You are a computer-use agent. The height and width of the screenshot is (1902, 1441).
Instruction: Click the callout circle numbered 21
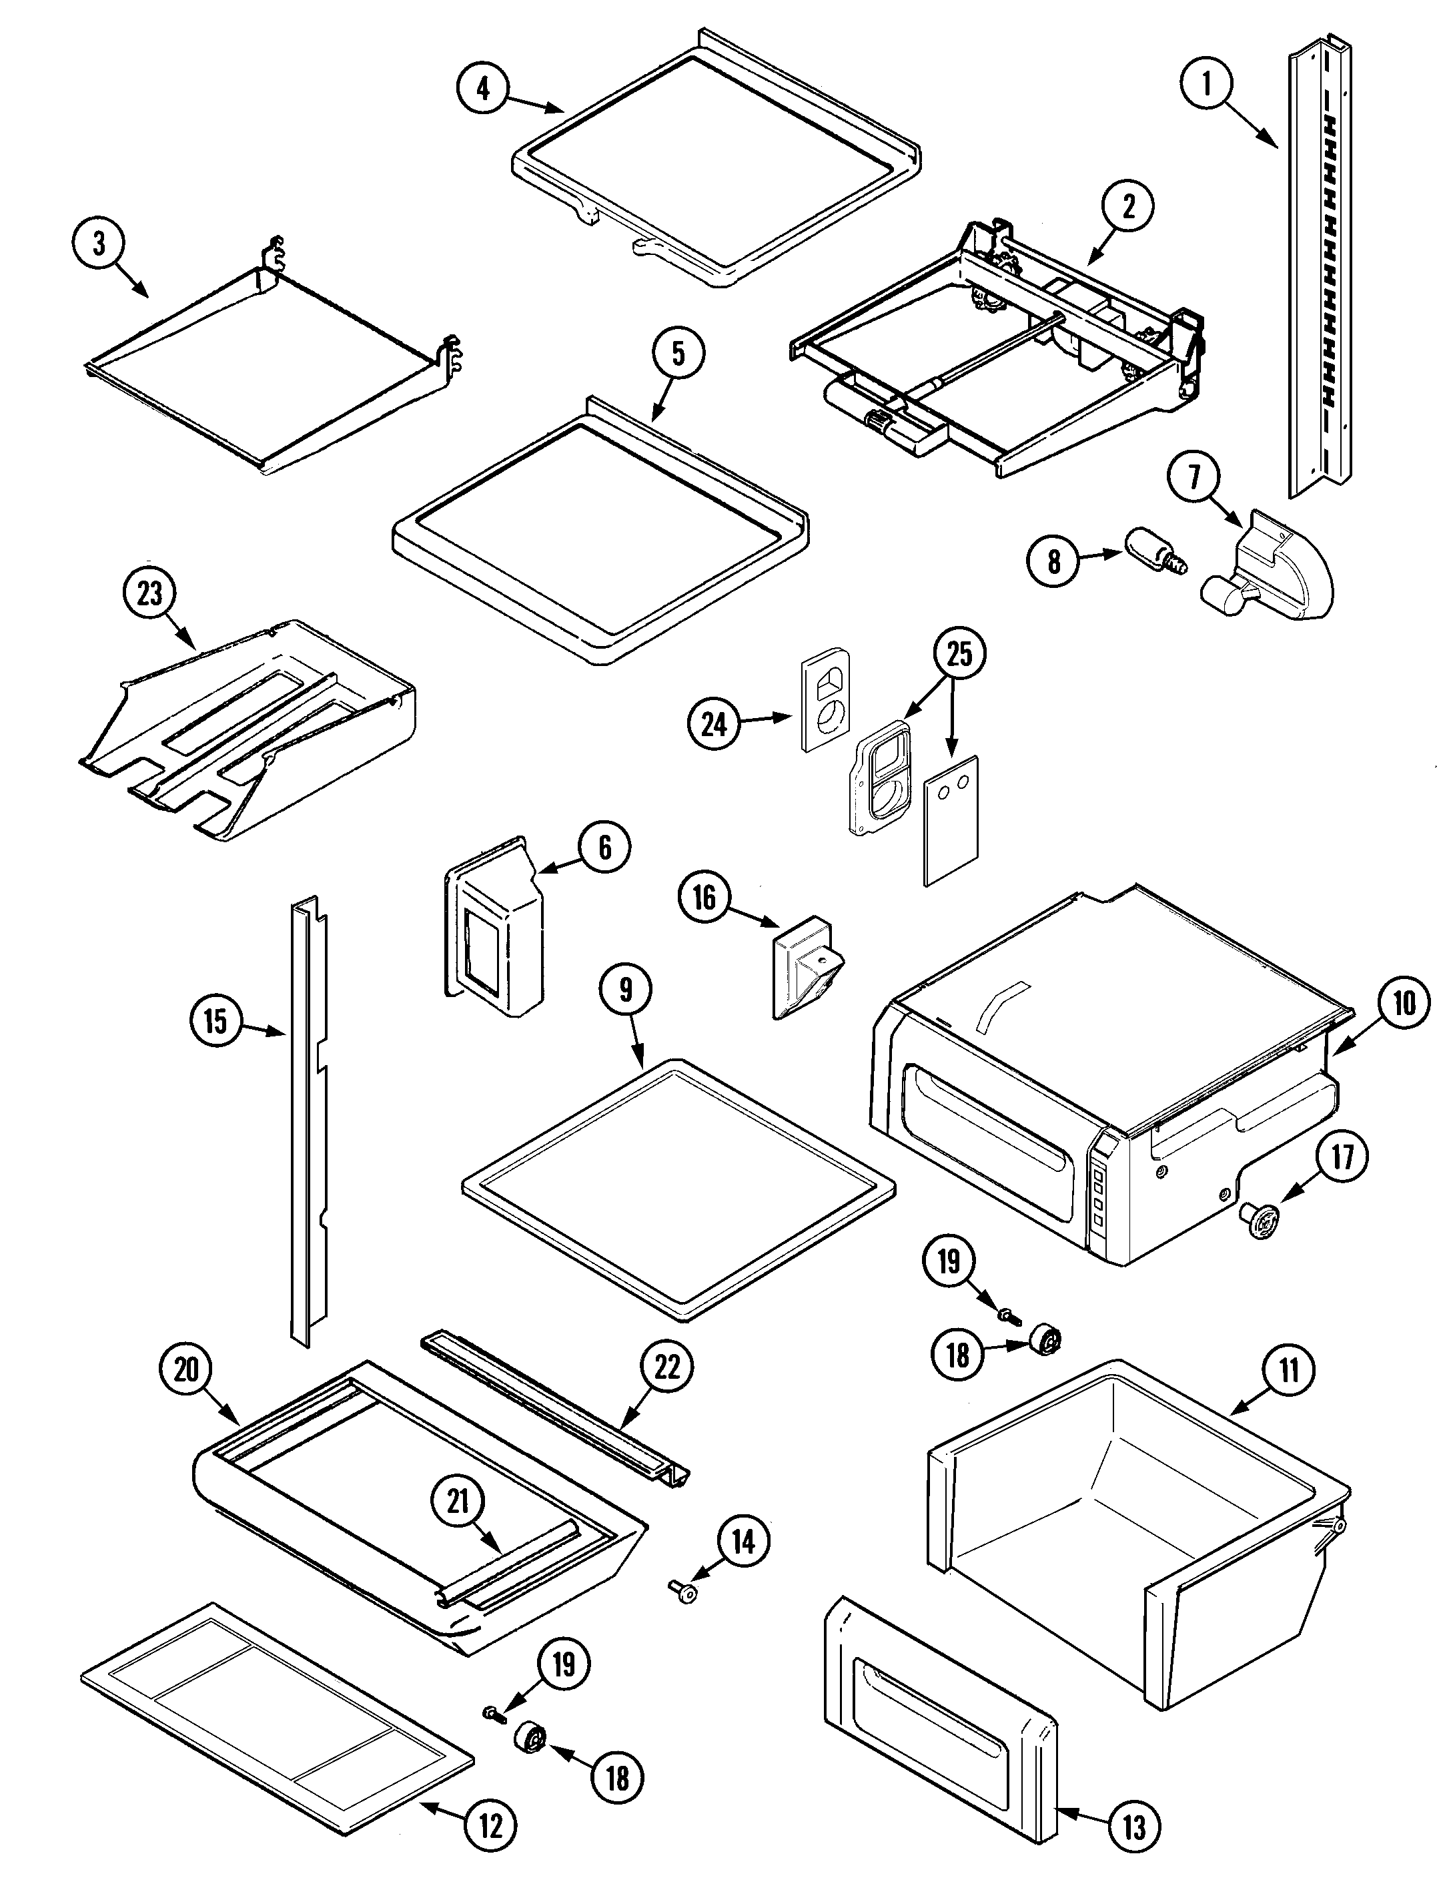click(458, 1502)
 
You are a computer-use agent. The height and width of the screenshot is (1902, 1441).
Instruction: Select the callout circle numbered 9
click(625, 992)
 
